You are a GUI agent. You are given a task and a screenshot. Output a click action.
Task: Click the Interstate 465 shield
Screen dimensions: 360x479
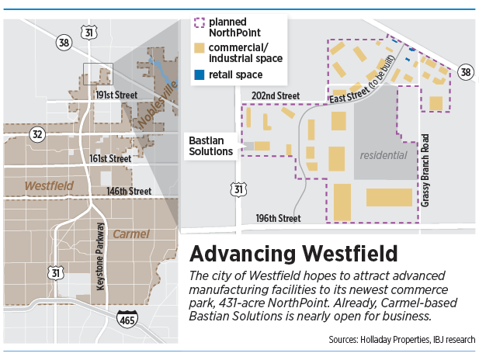coord(126,317)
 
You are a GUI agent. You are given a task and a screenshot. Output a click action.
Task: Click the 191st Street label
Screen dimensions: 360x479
coord(116,95)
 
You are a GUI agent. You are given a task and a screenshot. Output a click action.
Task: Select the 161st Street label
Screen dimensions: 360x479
coord(109,158)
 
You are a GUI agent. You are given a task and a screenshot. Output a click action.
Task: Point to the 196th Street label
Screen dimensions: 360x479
coord(278,218)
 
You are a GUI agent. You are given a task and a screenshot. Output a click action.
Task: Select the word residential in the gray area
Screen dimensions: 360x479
coord(383,155)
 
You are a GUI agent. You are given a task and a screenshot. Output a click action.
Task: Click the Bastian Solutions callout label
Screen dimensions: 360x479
coord(211,146)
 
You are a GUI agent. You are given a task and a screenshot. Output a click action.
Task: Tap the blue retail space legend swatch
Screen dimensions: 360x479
coord(200,74)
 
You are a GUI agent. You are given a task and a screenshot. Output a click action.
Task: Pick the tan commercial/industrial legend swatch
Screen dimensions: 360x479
coord(200,49)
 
